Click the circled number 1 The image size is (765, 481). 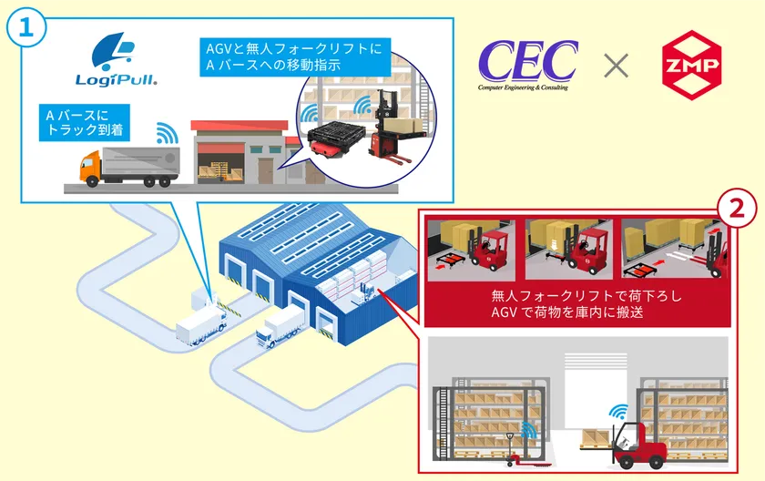tap(25, 28)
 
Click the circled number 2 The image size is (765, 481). tap(736, 208)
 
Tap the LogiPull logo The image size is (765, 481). tap(117, 59)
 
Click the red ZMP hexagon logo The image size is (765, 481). tap(691, 65)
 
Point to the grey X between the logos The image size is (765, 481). tap(616, 66)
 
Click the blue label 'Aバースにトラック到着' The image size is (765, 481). tap(85, 122)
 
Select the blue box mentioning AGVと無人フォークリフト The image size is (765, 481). tap(295, 56)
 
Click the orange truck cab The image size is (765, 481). tap(91, 168)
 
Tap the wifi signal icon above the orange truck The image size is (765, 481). tap(167, 133)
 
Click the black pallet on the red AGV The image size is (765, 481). tap(337, 133)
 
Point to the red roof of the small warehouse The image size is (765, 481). tap(239, 126)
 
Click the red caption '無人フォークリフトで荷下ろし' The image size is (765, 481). tap(586, 295)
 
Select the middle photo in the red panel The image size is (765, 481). tap(568, 250)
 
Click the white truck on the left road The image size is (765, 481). tap(202, 325)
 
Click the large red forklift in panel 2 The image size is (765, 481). tap(638, 445)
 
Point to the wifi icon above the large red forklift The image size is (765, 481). tap(618, 412)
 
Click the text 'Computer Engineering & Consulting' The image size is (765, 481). tap(523, 87)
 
